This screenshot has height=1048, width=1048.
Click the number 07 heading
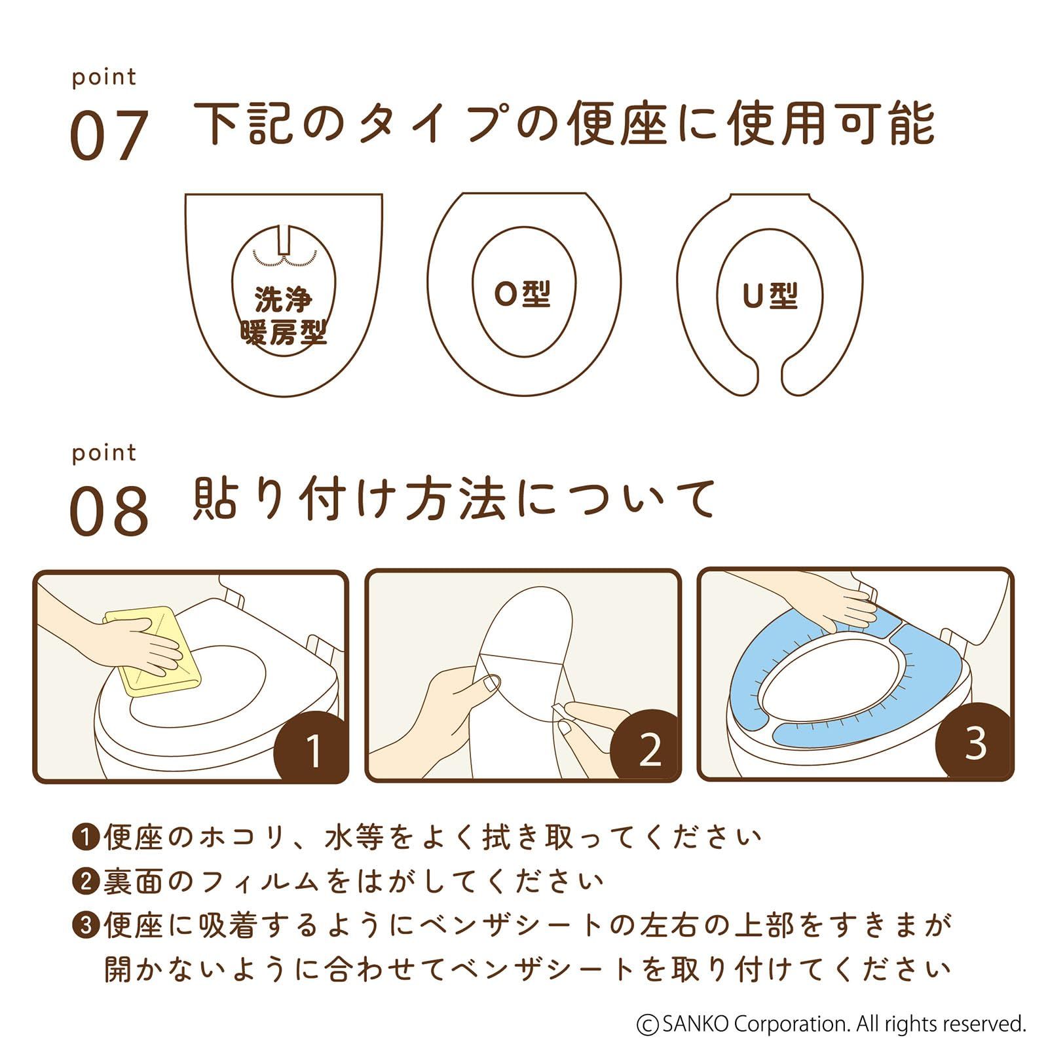pos(109,136)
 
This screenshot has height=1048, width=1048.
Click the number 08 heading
pos(109,511)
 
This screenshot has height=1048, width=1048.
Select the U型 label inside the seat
pos(770,295)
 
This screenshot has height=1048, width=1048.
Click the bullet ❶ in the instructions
pos(85,838)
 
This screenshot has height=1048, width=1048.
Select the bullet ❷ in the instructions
pos(85,882)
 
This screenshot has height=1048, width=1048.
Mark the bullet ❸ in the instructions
pos(85,926)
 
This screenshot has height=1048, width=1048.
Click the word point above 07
pos(104,78)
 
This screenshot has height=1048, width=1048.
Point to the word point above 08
pos(104,453)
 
